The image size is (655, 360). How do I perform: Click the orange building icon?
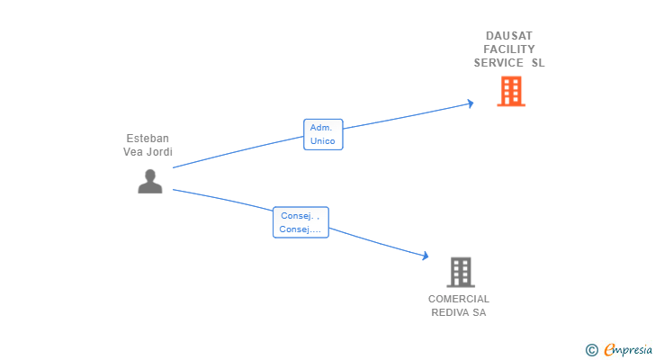click(510, 91)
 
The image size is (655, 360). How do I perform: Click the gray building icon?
click(460, 271)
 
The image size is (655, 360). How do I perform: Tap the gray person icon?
click(150, 181)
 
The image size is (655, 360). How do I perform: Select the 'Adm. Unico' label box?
click(322, 134)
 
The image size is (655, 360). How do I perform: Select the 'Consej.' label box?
click(301, 222)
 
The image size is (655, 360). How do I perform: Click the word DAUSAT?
click(509, 35)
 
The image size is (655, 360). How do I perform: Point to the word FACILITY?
click(509, 49)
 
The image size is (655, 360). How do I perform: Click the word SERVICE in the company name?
click(498, 63)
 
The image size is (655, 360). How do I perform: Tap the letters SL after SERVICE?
click(538, 63)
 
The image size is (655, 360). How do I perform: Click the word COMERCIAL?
click(459, 299)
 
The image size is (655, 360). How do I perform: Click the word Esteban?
click(148, 139)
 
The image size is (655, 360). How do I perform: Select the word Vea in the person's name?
click(133, 152)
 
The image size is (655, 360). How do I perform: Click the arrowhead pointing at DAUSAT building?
click(469, 103)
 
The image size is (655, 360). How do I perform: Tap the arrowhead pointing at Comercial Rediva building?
click(426, 256)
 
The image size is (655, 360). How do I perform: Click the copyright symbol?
click(591, 349)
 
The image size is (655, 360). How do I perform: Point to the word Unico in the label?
click(322, 141)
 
